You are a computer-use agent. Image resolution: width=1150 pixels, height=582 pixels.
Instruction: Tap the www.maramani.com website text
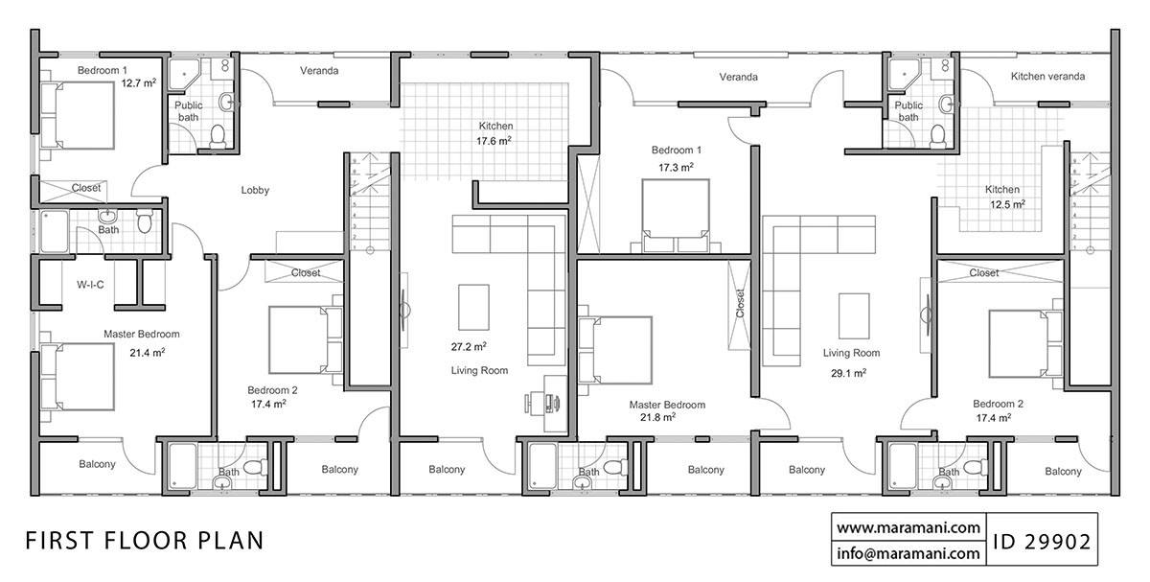point(908,527)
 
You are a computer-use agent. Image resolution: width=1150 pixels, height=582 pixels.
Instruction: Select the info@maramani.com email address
point(908,553)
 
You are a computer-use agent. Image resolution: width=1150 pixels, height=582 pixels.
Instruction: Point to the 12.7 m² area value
point(138,83)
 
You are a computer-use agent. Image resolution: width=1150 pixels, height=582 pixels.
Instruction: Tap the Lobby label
point(255,190)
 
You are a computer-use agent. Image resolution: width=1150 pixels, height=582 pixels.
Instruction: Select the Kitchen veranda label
point(1047,76)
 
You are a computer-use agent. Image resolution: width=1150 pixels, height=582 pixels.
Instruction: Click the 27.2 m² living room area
point(469,346)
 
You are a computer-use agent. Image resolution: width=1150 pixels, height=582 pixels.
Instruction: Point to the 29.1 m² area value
point(848,373)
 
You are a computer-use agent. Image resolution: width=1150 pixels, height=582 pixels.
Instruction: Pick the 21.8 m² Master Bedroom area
point(657,417)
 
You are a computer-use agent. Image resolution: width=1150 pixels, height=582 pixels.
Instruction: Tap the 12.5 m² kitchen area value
point(1006,204)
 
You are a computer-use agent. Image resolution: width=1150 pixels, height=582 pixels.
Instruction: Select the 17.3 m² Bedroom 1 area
point(677,167)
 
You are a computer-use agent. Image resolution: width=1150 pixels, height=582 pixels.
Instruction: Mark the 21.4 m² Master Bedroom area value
point(147,352)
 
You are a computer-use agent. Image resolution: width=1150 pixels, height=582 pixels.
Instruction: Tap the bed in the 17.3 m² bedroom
point(676,215)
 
